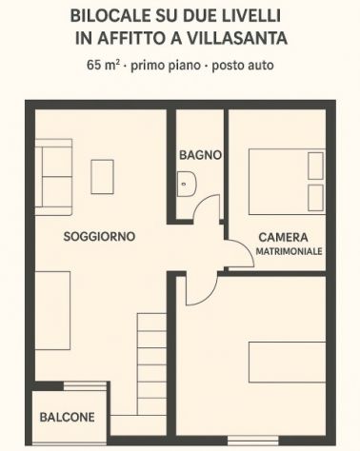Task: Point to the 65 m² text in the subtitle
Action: (x=104, y=66)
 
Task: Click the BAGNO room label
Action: (x=200, y=154)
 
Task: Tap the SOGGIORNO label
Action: (x=99, y=236)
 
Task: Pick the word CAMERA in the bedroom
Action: (x=282, y=237)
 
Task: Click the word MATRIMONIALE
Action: (x=289, y=251)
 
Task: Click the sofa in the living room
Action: (x=54, y=174)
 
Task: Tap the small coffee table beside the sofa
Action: (x=102, y=176)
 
